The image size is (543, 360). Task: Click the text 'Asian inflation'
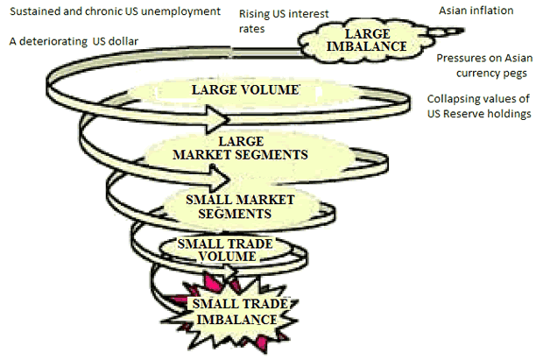[x=476, y=11]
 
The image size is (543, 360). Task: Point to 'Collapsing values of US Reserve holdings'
[x=480, y=107]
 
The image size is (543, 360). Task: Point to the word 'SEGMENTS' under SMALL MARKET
[x=233, y=213]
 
